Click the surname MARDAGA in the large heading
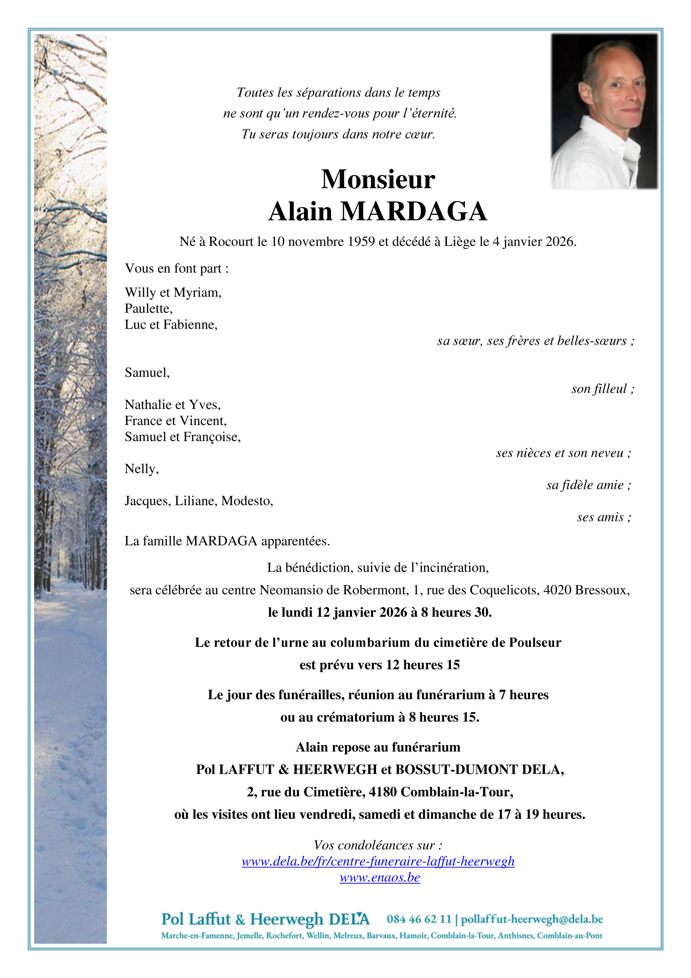(x=414, y=212)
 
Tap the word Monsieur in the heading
(x=378, y=179)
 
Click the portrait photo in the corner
(x=604, y=111)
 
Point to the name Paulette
(x=148, y=309)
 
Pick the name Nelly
(x=141, y=469)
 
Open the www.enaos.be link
(x=380, y=878)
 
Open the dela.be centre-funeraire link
(x=378, y=862)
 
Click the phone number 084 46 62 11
(x=419, y=919)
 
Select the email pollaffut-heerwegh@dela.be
(x=532, y=919)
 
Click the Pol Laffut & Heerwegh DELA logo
(x=265, y=919)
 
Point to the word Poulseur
(x=535, y=643)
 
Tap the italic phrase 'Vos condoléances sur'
(x=377, y=846)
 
